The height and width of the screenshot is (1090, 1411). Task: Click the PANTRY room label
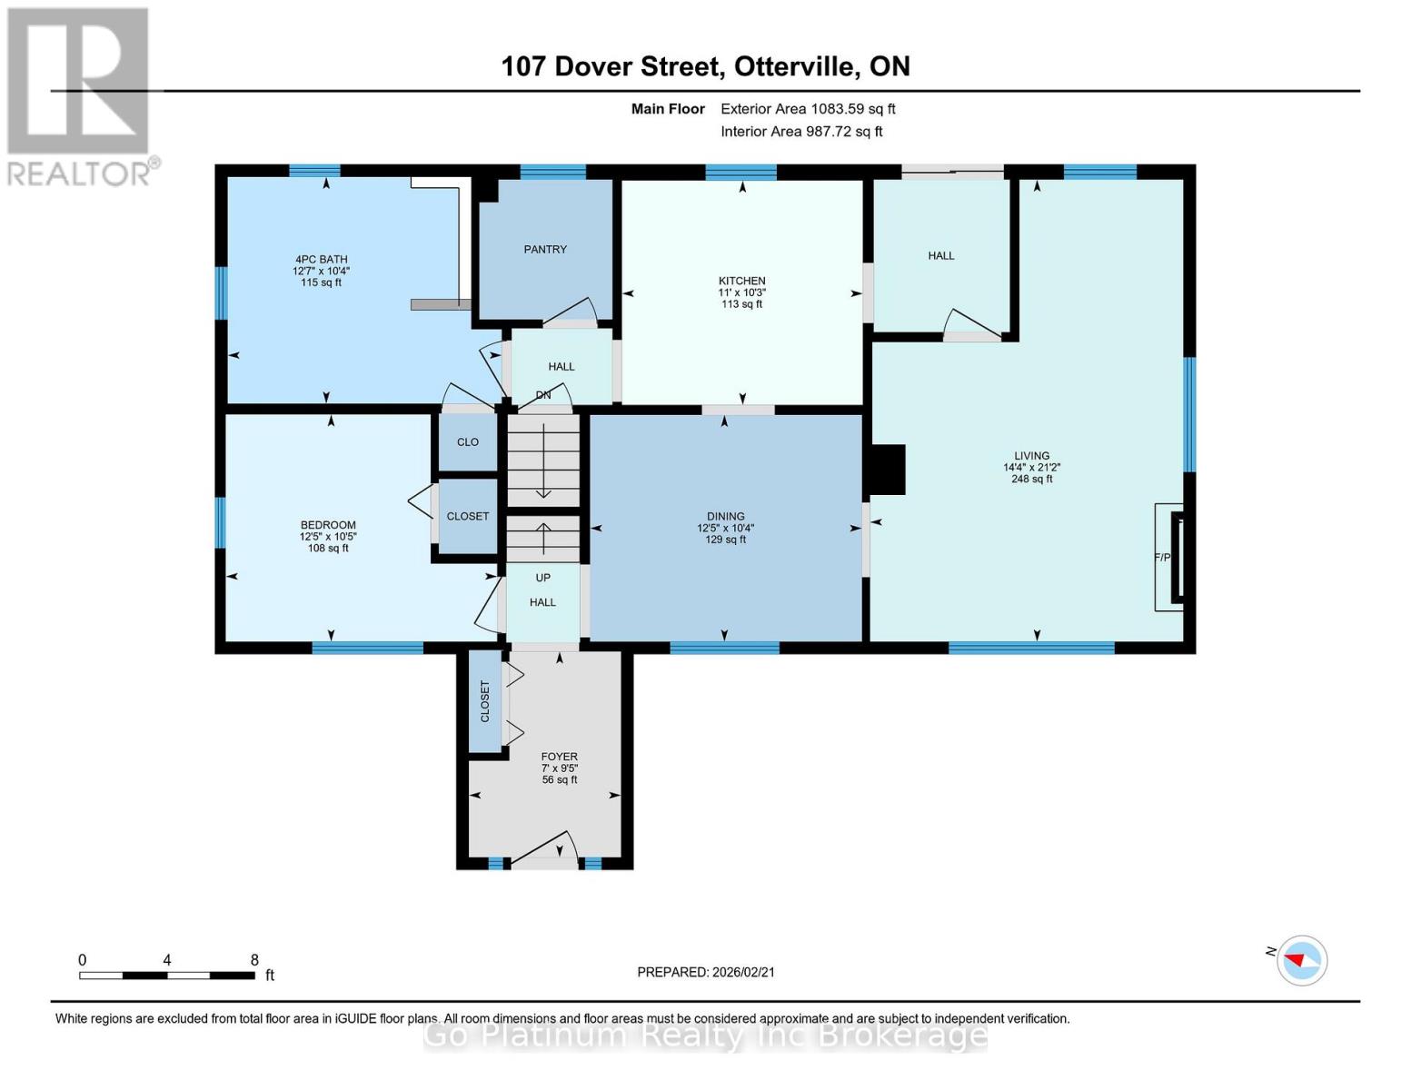click(x=545, y=249)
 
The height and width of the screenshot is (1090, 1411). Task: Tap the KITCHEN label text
click(x=741, y=281)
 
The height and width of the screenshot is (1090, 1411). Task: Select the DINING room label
click(x=725, y=517)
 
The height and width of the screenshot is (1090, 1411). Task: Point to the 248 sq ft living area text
click(x=1031, y=479)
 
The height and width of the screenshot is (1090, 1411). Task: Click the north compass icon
click(x=1301, y=960)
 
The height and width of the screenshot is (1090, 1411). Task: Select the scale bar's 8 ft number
click(x=254, y=959)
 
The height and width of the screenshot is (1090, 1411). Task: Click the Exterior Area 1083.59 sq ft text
click(x=808, y=109)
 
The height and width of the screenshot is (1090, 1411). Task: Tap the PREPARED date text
click(x=706, y=972)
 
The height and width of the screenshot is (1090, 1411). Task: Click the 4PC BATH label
click(x=322, y=260)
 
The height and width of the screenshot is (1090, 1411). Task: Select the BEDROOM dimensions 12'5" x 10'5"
click(x=328, y=536)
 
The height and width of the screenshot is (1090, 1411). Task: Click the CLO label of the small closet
click(x=468, y=442)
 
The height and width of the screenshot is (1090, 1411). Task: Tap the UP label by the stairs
click(x=542, y=577)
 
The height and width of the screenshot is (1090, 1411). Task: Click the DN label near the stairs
click(x=543, y=395)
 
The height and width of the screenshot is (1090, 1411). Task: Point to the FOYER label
click(x=559, y=757)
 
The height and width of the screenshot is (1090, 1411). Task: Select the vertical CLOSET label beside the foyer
click(x=484, y=701)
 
